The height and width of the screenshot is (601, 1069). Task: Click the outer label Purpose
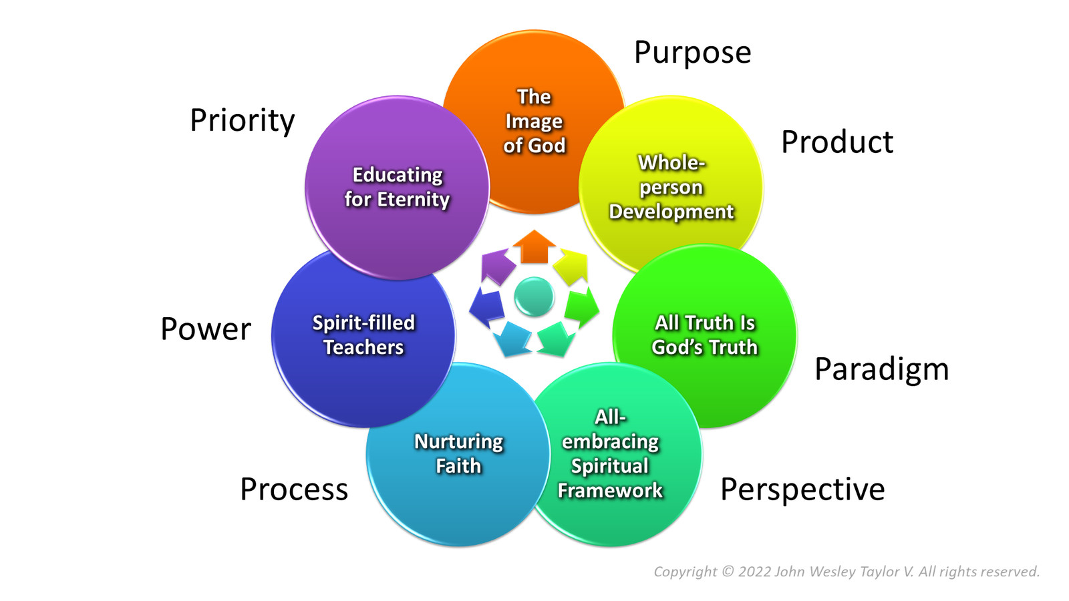[692, 53]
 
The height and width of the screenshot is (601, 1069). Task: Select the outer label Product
[836, 142]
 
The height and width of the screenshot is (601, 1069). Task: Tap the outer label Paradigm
[881, 369]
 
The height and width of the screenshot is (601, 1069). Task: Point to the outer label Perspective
[802, 489]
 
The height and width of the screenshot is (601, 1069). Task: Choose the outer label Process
[294, 489]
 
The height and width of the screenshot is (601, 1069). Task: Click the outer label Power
[206, 329]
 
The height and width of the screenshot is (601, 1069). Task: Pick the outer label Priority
[242, 121]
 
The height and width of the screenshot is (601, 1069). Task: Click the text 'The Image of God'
[534, 122]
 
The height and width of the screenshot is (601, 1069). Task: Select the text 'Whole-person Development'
[671, 187]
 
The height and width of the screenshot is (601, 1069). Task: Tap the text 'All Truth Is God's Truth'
[704, 335]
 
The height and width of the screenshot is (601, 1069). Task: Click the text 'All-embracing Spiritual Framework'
[610, 454]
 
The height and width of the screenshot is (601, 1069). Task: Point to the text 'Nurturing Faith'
[458, 453]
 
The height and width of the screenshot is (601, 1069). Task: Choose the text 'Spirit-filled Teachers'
[363, 335]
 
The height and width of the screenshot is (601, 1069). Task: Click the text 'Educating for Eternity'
[397, 187]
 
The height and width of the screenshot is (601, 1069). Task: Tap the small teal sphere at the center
[534, 296]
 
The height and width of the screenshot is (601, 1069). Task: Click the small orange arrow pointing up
[534, 246]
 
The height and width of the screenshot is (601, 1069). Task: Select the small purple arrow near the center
[496, 265]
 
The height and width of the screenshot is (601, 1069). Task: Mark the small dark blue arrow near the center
[486, 305]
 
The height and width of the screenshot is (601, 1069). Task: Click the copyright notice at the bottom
[846, 572]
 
